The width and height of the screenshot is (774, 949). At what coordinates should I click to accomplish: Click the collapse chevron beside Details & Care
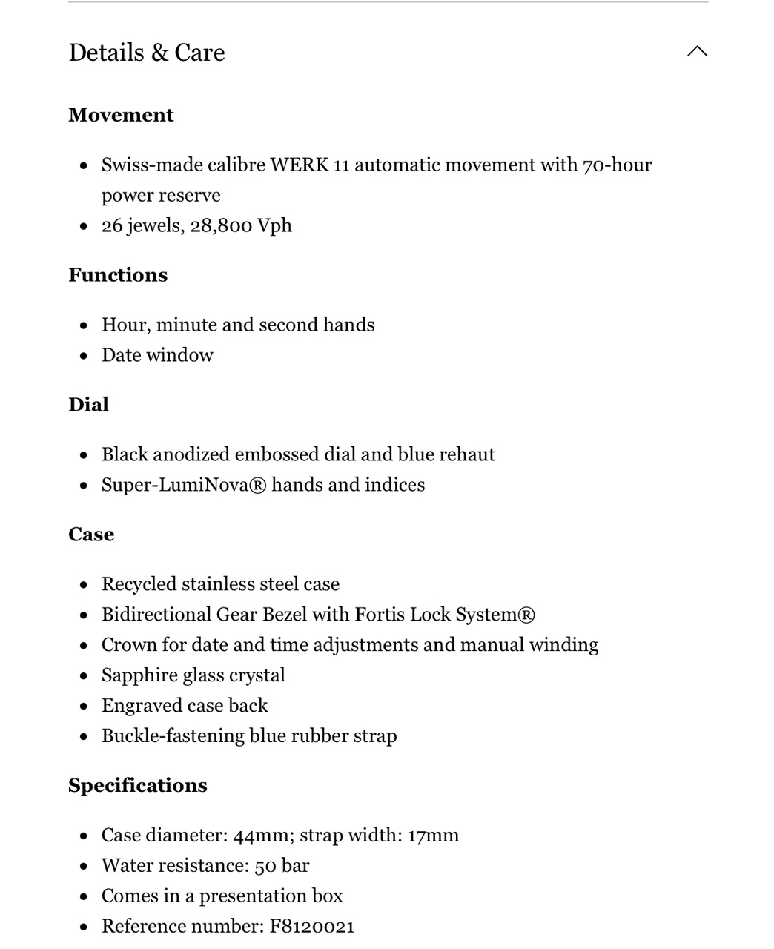tap(697, 52)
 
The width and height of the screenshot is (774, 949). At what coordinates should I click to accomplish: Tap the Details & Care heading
tap(147, 53)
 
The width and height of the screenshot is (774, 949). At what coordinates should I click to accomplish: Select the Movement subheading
tap(121, 115)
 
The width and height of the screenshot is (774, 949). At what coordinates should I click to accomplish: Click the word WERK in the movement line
tap(300, 165)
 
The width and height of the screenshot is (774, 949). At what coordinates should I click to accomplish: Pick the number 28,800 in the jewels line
tap(220, 225)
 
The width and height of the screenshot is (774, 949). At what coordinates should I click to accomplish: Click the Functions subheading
tap(118, 275)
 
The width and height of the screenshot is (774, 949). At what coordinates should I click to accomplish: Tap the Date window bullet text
tap(157, 355)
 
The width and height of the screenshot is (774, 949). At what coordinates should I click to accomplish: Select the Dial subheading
tap(88, 405)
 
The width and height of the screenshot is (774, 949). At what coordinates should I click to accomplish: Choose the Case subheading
tap(91, 535)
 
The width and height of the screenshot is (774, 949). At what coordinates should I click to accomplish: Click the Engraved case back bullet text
tap(185, 706)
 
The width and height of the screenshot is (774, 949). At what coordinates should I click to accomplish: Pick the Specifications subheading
tap(138, 786)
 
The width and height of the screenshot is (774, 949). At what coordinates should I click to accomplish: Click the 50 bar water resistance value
tap(282, 866)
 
